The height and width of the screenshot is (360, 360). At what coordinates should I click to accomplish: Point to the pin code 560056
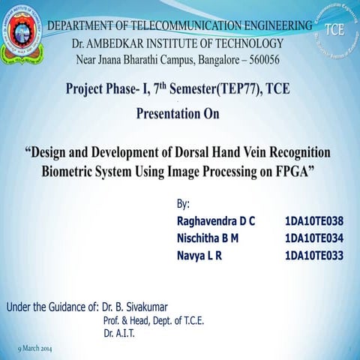click(x=259, y=59)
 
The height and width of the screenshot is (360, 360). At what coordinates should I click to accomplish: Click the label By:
click(x=184, y=204)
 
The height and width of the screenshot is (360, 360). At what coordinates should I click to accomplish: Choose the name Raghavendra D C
click(x=216, y=221)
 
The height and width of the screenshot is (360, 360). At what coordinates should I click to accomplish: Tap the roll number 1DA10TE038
click(x=314, y=221)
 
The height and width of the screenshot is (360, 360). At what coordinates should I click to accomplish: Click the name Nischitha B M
click(x=208, y=238)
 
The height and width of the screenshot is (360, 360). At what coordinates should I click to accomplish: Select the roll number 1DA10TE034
click(x=314, y=238)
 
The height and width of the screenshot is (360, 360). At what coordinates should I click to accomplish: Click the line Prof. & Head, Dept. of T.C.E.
click(x=154, y=320)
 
